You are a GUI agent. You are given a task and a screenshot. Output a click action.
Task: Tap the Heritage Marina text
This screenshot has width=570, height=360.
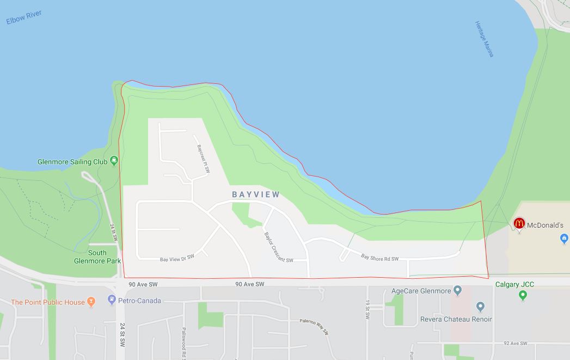(484, 39)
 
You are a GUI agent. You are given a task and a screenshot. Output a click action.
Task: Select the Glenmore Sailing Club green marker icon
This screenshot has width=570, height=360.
(114, 161)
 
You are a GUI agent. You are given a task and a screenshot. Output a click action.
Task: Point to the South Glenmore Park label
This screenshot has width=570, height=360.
(97, 257)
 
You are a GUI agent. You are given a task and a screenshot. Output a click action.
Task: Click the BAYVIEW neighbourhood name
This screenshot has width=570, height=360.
(256, 194)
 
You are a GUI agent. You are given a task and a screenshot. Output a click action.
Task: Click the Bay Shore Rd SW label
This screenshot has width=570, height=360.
(380, 257)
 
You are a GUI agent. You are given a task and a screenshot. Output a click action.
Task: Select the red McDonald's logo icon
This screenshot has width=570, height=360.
(519, 223)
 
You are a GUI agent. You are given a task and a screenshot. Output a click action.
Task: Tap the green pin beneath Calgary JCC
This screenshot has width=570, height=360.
(523, 295)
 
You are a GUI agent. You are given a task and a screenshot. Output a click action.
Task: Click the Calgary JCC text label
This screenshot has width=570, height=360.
(514, 284)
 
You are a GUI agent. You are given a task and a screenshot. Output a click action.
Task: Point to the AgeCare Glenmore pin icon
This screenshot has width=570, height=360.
(457, 290)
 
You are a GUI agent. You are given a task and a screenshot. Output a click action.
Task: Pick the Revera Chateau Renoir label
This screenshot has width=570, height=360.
(456, 319)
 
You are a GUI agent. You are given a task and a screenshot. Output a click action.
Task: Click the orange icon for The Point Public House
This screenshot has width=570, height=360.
(91, 301)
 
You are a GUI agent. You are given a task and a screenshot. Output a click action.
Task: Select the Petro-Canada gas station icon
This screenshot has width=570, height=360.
(112, 300)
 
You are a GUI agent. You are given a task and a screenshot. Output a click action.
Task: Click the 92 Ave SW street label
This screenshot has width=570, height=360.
(515, 343)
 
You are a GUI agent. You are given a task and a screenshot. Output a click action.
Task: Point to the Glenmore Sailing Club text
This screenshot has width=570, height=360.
(72, 162)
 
